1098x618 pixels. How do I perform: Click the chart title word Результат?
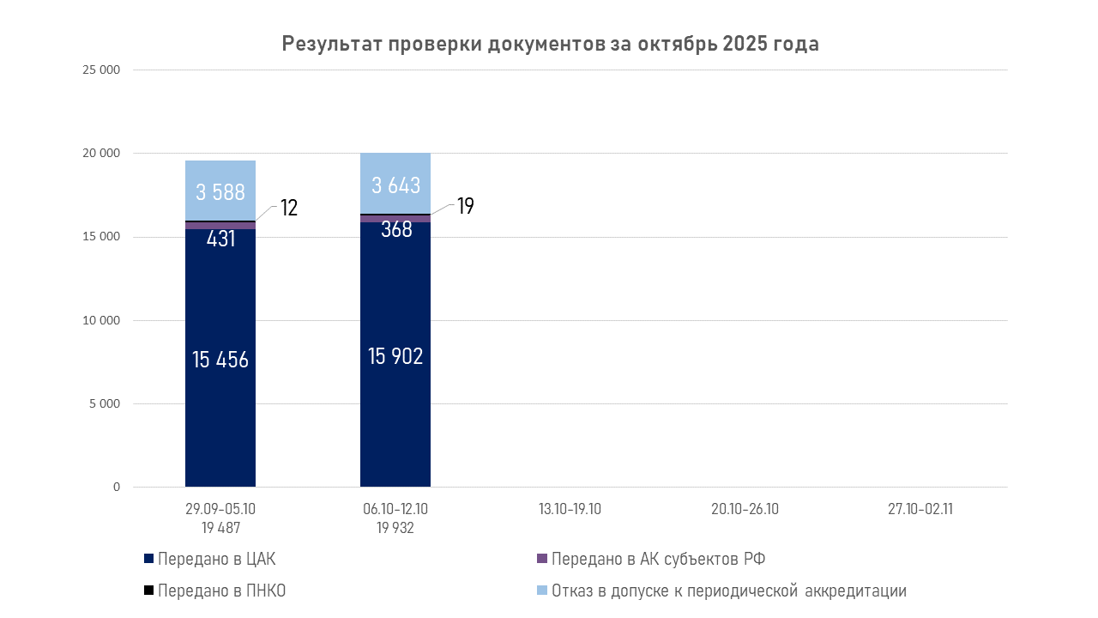point(330,45)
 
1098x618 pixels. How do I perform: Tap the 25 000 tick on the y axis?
point(100,70)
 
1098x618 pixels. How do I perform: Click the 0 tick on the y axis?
point(115,488)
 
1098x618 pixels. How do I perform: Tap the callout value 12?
point(289,208)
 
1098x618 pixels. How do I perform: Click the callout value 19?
point(465,206)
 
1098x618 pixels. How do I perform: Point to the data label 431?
point(220,239)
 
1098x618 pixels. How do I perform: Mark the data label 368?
point(395,229)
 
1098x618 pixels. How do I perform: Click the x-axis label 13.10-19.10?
point(570,509)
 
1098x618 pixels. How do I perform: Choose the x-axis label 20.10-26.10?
point(745,509)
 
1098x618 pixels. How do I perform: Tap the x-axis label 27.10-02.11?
point(920,509)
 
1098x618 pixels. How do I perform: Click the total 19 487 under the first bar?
point(220,528)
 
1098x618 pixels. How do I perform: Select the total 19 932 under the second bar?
point(395,528)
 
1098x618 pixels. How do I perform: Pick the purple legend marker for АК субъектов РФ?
point(541,559)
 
